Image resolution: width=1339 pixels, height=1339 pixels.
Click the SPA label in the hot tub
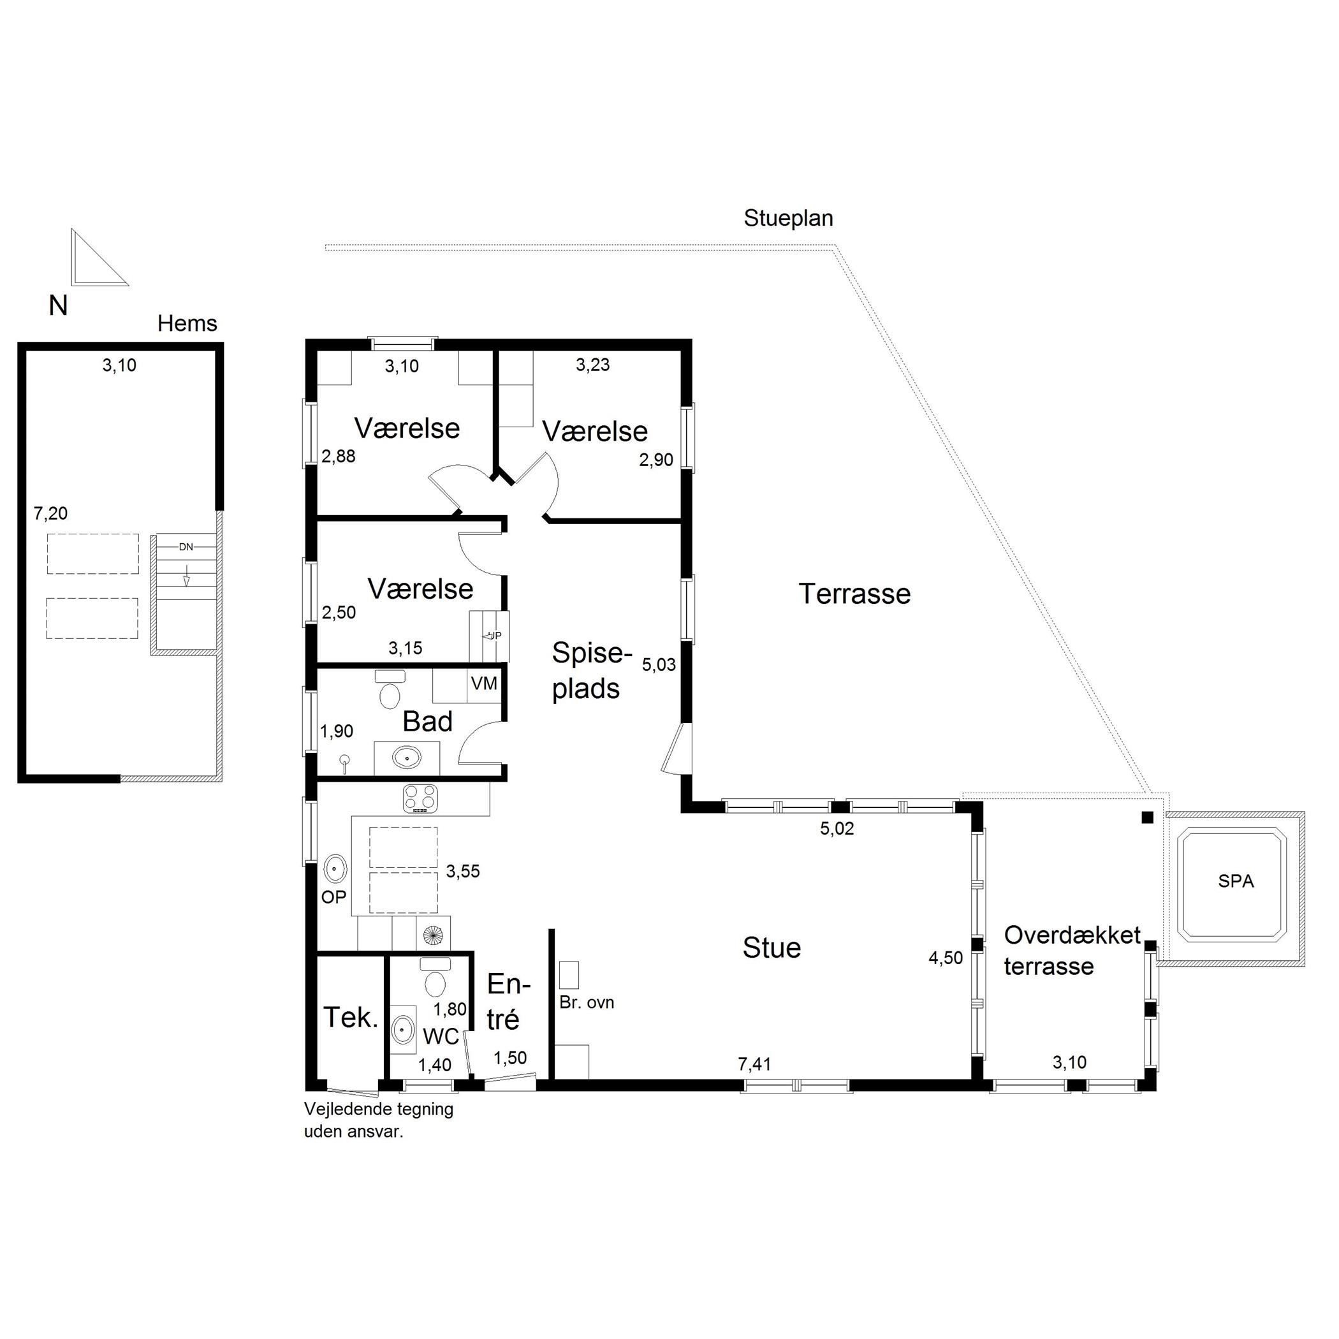(x=1236, y=881)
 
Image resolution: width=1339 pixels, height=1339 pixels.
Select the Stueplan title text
(x=788, y=218)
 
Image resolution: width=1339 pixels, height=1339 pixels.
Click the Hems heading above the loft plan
(x=187, y=323)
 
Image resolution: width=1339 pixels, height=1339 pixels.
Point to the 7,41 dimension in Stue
(x=754, y=1064)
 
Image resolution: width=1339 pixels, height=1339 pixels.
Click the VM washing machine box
(x=484, y=684)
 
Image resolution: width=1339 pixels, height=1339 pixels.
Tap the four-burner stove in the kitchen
(x=421, y=798)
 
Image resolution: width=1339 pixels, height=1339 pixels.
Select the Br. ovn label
(x=587, y=1003)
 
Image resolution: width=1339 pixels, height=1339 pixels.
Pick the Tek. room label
(x=351, y=1018)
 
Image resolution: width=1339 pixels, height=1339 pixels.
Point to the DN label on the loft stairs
(x=186, y=547)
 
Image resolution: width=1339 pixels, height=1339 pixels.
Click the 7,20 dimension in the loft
(x=50, y=513)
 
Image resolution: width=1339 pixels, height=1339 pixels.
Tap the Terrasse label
(x=854, y=594)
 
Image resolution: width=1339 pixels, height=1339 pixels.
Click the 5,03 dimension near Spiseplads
(x=659, y=664)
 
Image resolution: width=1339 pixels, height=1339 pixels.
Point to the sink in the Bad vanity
(x=406, y=757)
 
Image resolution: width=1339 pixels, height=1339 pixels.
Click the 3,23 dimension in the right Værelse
(x=592, y=365)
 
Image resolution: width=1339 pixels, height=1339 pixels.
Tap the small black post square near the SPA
(x=1148, y=817)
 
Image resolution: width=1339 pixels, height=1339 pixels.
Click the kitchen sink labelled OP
(x=335, y=868)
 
